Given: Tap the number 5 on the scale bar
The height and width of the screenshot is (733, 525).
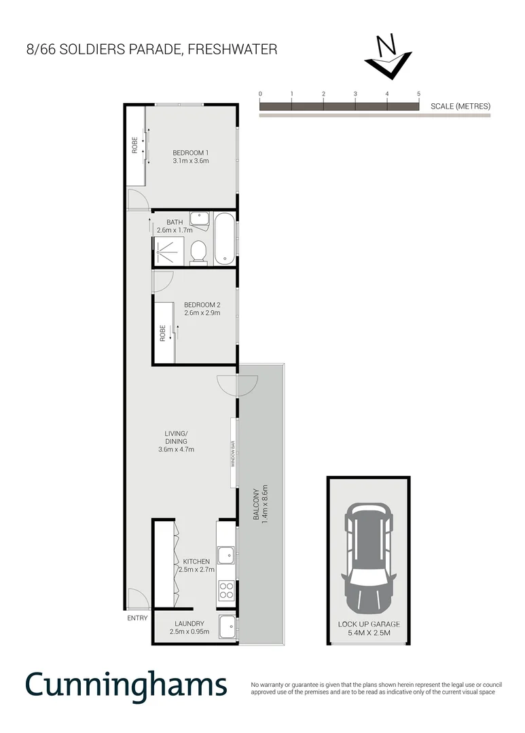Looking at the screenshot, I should [x=418, y=94].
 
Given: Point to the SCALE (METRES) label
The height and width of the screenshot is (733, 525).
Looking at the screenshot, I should [x=460, y=107].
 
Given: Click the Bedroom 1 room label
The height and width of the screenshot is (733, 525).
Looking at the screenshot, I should [x=190, y=153].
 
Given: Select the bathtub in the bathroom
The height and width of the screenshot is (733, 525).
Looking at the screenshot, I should [x=225, y=239].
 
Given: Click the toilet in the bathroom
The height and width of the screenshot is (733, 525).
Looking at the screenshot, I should [x=199, y=252].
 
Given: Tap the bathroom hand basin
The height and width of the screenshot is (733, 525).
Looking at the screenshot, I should [x=199, y=219].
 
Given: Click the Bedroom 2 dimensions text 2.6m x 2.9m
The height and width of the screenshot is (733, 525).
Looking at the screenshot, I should [x=202, y=314].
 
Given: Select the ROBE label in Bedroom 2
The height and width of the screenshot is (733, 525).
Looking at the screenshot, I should [x=163, y=333].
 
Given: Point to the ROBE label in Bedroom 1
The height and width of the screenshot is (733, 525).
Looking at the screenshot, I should [x=135, y=145].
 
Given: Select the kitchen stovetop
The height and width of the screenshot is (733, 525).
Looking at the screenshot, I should [x=225, y=591].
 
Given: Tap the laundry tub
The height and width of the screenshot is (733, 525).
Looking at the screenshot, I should [x=227, y=626].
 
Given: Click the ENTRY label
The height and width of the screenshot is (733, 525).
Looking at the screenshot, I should [x=137, y=618].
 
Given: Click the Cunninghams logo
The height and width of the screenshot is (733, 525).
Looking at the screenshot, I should [x=126, y=685].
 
